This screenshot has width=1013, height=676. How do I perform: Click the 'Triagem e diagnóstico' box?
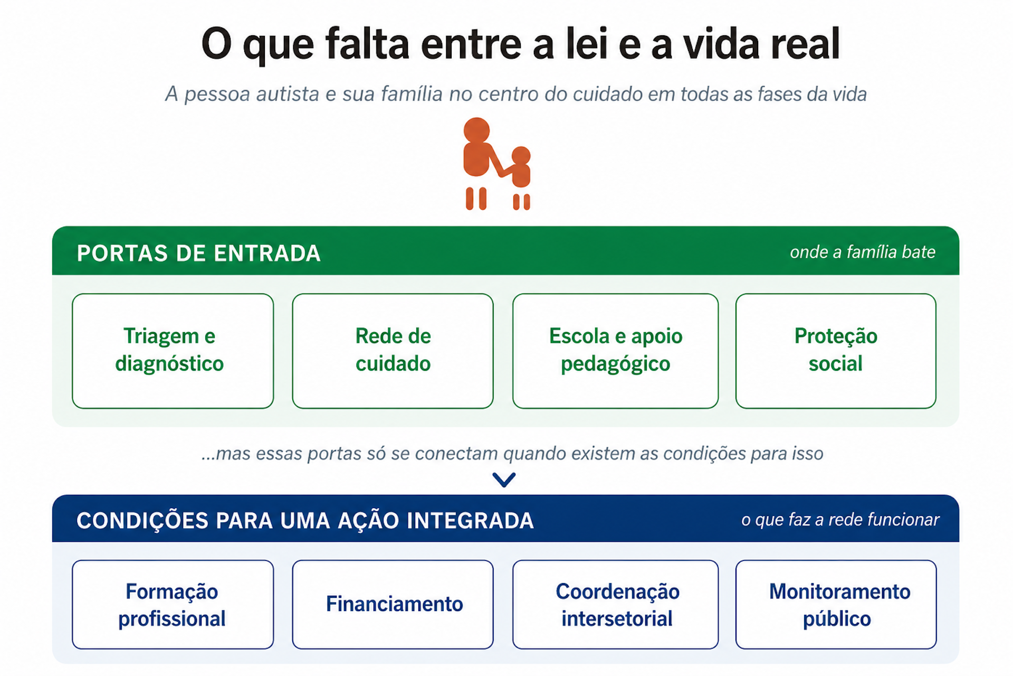[173, 351]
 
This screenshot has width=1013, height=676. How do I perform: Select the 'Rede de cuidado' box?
[393, 351]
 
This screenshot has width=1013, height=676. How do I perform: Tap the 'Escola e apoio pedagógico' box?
[615, 351]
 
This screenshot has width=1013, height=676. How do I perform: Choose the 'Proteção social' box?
[836, 351]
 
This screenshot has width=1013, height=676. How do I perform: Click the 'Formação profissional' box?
[173, 604]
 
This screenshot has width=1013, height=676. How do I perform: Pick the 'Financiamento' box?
[393, 604]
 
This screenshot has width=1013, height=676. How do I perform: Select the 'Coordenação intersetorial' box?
[615, 604]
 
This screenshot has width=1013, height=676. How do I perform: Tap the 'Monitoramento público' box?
[836, 604]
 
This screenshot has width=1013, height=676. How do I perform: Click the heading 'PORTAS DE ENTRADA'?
[198, 253]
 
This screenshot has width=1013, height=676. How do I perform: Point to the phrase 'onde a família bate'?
[863, 252]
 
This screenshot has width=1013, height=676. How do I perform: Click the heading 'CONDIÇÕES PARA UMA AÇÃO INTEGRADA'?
[305, 520]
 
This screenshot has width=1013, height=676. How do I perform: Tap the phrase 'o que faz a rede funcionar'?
[840, 520]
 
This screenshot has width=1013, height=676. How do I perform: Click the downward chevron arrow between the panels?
[504, 480]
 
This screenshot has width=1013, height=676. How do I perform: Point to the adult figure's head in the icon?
[476, 130]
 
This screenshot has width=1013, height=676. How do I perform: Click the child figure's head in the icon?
[521, 155]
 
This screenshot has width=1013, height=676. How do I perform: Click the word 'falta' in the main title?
[367, 43]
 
